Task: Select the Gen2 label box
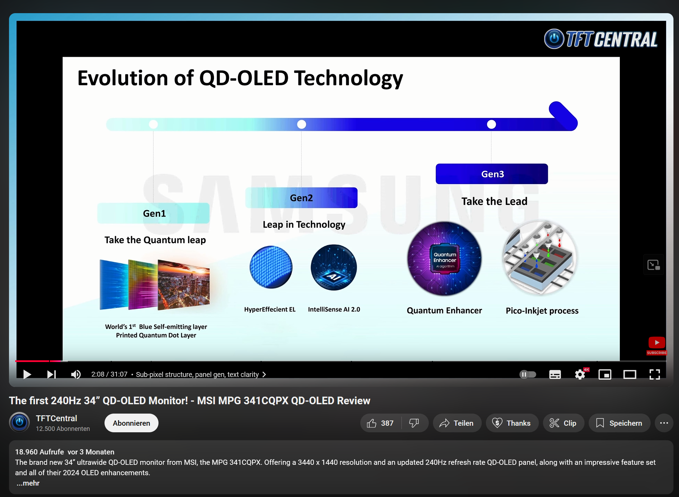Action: click(x=301, y=198)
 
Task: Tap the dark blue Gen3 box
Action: click(x=492, y=174)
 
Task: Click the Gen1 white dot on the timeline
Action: click(x=153, y=124)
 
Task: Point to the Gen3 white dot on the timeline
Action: click(x=491, y=124)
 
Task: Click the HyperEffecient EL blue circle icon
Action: click(x=271, y=267)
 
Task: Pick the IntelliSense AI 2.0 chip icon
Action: click(x=334, y=267)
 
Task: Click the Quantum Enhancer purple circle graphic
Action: click(x=444, y=259)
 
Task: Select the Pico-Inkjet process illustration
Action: click(x=540, y=258)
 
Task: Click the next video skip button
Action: click(x=51, y=374)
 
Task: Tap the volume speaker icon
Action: click(x=76, y=374)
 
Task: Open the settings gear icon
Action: click(x=580, y=374)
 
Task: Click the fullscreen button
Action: click(x=654, y=374)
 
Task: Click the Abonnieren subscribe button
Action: click(x=132, y=423)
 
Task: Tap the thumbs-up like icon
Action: click(x=372, y=423)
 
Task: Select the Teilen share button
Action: click(x=457, y=423)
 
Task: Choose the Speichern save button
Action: click(x=619, y=423)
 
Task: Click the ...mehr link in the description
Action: click(x=28, y=483)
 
